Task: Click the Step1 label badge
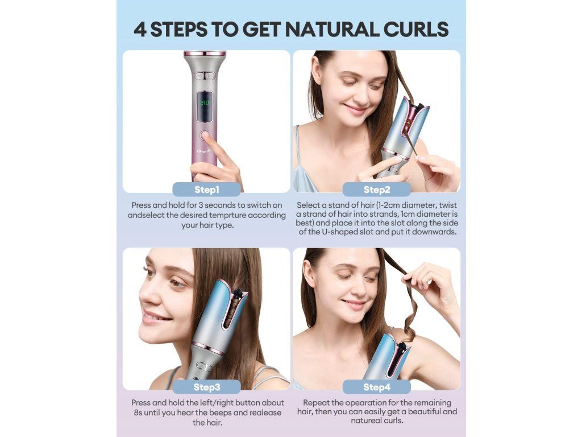pos(207,189)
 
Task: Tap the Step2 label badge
pos(377,189)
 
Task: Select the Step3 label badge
pos(207,387)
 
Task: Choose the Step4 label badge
pos(377,387)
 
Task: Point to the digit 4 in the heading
pos(140,30)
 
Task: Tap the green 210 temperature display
pos(204,103)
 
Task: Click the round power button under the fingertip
pos(204,135)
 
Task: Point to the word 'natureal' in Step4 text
pos(367,420)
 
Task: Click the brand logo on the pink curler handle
pos(204,151)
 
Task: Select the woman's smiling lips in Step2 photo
pos(356,109)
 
